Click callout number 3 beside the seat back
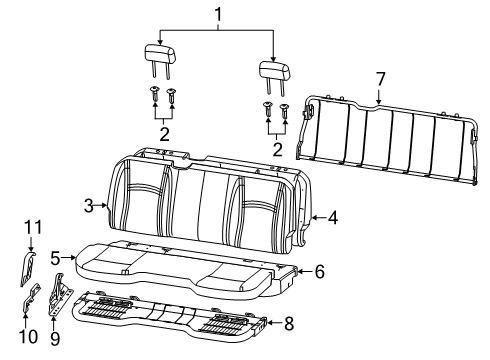pos(89,205)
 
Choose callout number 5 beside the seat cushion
pos(56,257)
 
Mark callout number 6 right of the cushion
pos(320,271)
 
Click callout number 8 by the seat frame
pos(290,323)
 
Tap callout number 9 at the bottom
pos(54,338)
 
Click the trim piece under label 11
pos(31,265)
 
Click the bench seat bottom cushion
pos(180,264)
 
